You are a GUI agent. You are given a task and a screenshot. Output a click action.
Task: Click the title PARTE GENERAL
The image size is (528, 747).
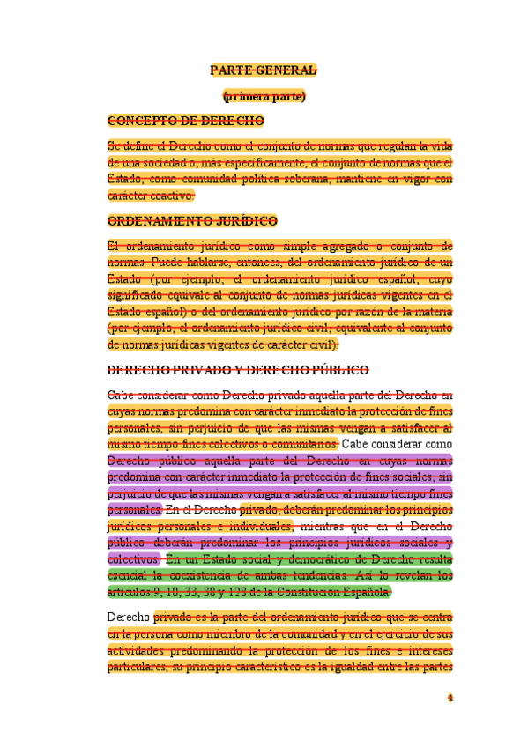click(x=264, y=70)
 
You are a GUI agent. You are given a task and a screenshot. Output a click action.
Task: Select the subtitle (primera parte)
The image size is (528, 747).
click(x=264, y=96)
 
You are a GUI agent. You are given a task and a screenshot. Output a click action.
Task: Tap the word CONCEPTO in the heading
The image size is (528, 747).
click(x=138, y=121)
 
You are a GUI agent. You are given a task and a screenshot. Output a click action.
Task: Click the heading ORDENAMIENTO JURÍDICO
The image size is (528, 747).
click(x=192, y=221)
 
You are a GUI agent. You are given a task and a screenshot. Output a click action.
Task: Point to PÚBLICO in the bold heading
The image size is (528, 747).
click(x=336, y=370)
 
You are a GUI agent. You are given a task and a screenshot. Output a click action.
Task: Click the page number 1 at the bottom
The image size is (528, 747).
click(x=450, y=698)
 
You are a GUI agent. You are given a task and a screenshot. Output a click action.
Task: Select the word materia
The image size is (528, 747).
click(x=432, y=312)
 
